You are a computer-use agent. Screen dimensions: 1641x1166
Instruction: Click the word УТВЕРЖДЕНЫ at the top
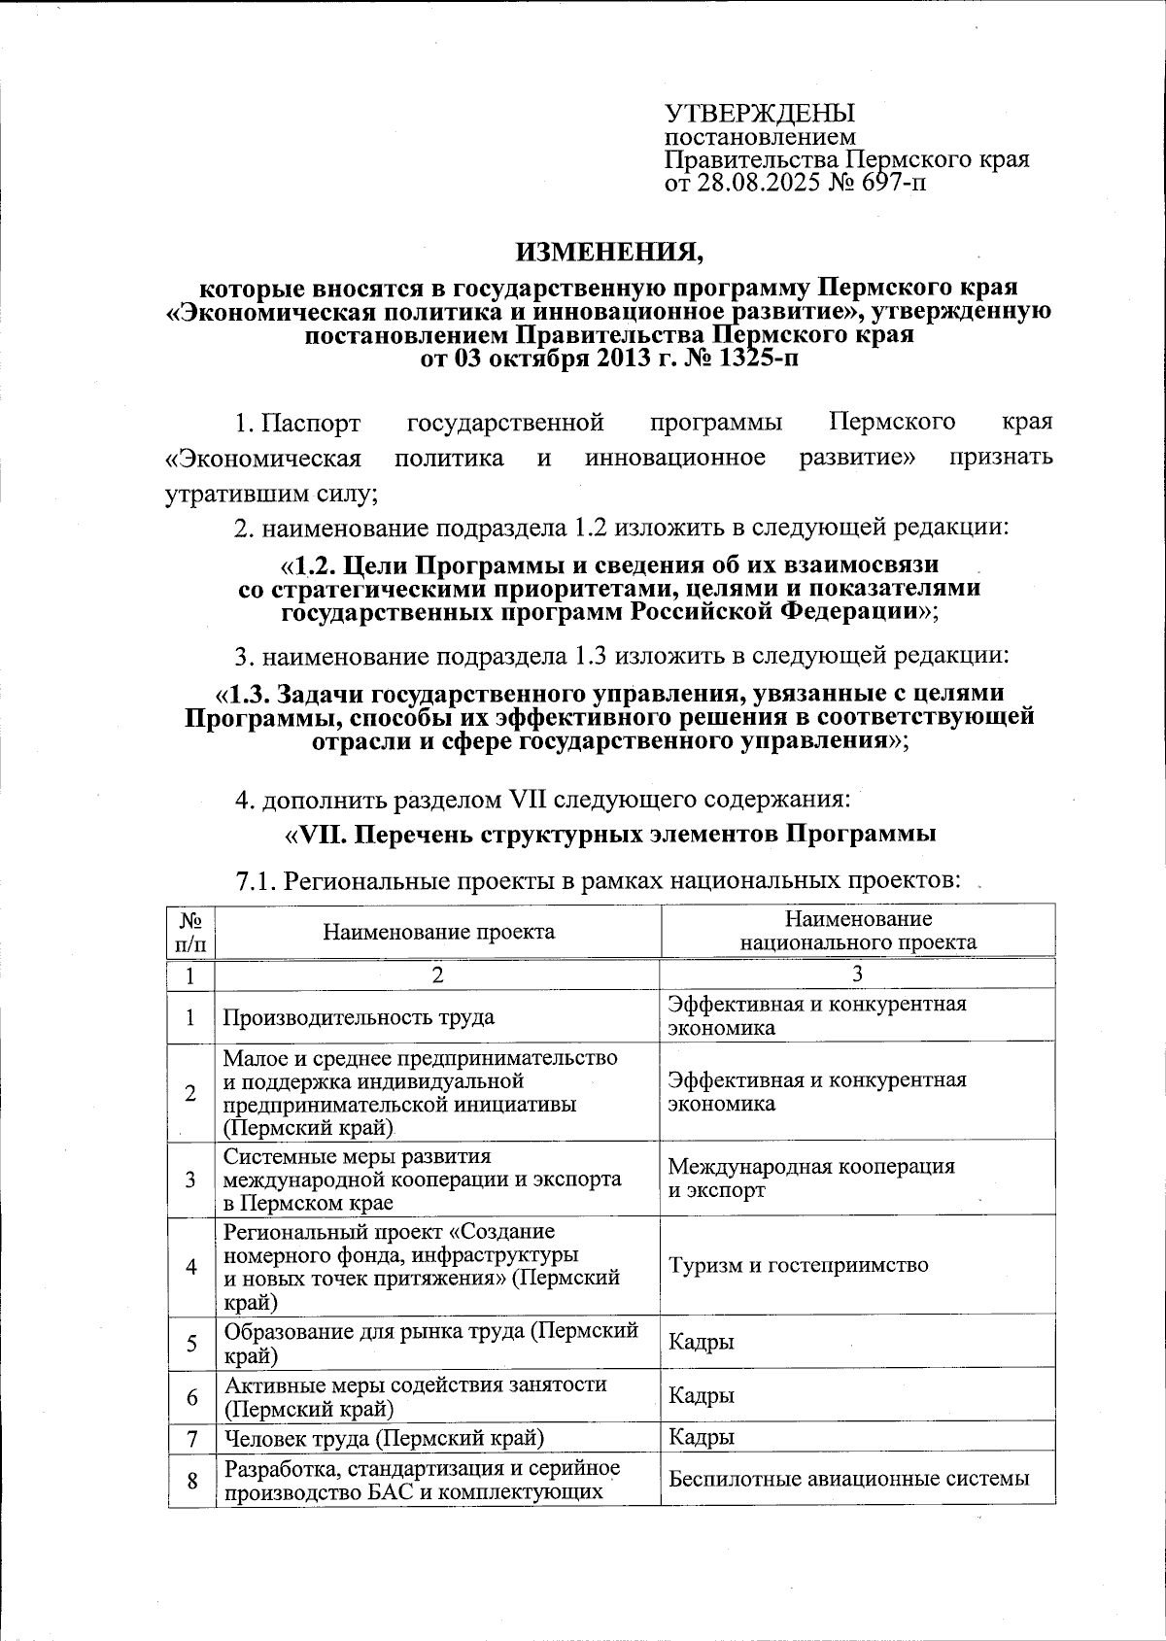(x=759, y=114)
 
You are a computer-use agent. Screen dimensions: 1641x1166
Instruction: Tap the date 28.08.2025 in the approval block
(x=750, y=182)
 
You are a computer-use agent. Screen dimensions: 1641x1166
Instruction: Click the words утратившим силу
(x=269, y=493)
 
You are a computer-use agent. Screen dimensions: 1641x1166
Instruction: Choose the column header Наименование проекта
(x=438, y=932)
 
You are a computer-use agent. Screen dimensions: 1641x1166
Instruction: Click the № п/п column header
(x=191, y=931)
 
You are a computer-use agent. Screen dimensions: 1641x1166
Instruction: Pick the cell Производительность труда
(x=359, y=1017)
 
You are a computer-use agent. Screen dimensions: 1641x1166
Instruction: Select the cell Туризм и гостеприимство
(x=798, y=1265)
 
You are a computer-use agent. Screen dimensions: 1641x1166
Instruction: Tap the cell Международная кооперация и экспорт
(x=810, y=1178)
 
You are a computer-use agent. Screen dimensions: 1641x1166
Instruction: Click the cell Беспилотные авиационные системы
(x=847, y=1480)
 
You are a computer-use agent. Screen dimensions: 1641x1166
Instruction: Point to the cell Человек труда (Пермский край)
(x=383, y=1437)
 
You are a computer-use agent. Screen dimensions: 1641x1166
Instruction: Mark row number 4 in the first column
(x=191, y=1266)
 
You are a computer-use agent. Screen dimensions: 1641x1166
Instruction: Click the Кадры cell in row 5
(x=701, y=1342)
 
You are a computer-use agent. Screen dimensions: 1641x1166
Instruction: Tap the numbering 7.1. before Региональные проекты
(x=258, y=881)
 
